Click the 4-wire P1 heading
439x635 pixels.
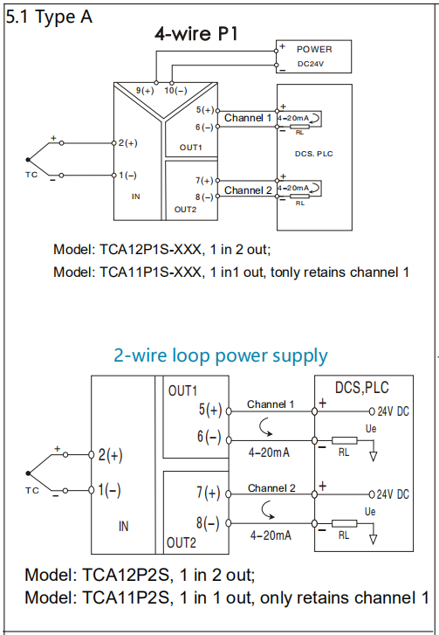pyautogui.click(x=196, y=33)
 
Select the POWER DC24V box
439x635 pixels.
pyautogui.click(x=313, y=57)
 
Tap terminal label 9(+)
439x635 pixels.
pyautogui.click(x=145, y=90)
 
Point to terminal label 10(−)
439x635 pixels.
pyautogui.click(x=175, y=90)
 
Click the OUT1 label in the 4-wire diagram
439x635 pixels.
pyautogui.click(x=190, y=148)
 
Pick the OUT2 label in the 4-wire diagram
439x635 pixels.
pyautogui.click(x=185, y=210)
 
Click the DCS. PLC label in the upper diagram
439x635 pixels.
pyautogui.click(x=314, y=154)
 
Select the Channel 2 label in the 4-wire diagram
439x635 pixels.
pyautogui.click(x=248, y=190)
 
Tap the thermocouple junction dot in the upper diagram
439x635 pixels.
pyautogui.click(x=28, y=160)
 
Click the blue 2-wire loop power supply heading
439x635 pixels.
pyautogui.click(x=221, y=356)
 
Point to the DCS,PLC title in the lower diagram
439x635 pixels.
pyautogui.click(x=361, y=388)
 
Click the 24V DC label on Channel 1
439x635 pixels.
pyautogui.click(x=394, y=411)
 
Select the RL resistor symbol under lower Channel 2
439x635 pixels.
pyautogui.click(x=345, y=523)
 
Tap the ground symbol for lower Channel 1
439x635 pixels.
pyautogui.click(x=373, y=457)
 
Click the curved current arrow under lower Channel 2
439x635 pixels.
pyautogui.click(x=267, y=510)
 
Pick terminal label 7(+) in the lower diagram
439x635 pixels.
pyautogui.click(x=209, y=493)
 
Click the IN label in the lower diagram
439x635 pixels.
pyautogui.click(x=123, y=526)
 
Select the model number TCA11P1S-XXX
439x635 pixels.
pyautogui.click(x=150, y=273)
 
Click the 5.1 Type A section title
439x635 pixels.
pyautogui.click(x=49, y=17)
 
